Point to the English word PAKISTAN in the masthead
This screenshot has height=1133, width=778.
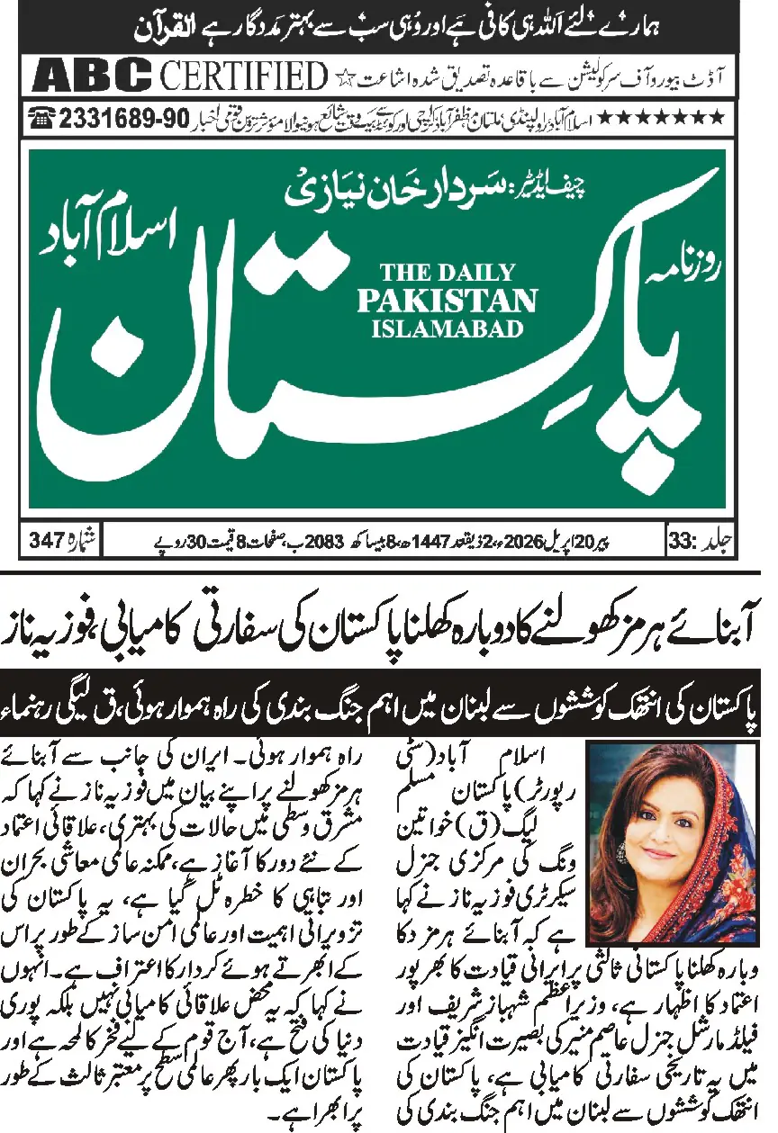tap(447, 300)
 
